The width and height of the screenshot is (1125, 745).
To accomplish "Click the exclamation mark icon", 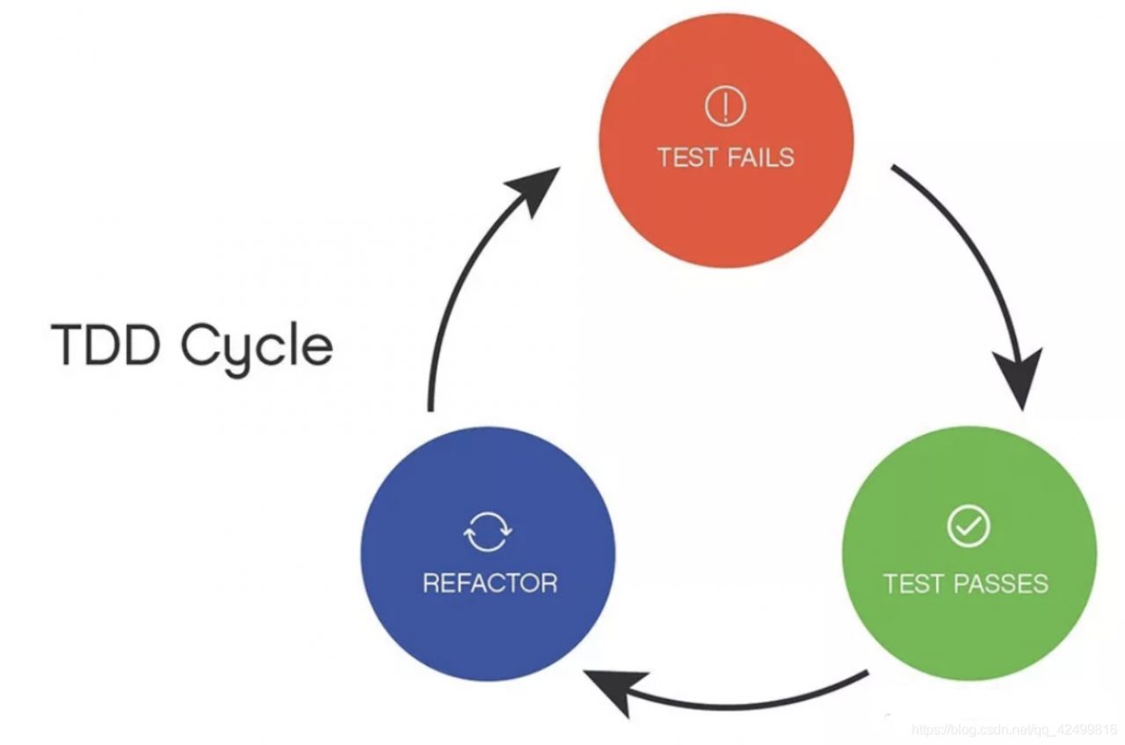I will coord(725,107).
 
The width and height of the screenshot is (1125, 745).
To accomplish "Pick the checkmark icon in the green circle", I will coord(968,526).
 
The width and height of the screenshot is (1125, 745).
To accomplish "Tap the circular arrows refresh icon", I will coord(488,532).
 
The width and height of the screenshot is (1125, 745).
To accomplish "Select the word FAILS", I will coord(760,158).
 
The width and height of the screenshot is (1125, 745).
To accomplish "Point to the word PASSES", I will coord(1005,583).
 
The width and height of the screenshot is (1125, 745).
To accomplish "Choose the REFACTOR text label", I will coord(490,582).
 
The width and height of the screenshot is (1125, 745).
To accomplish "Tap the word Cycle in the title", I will coord(257,347).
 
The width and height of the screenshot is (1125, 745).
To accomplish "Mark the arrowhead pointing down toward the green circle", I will coord(1020,378).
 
